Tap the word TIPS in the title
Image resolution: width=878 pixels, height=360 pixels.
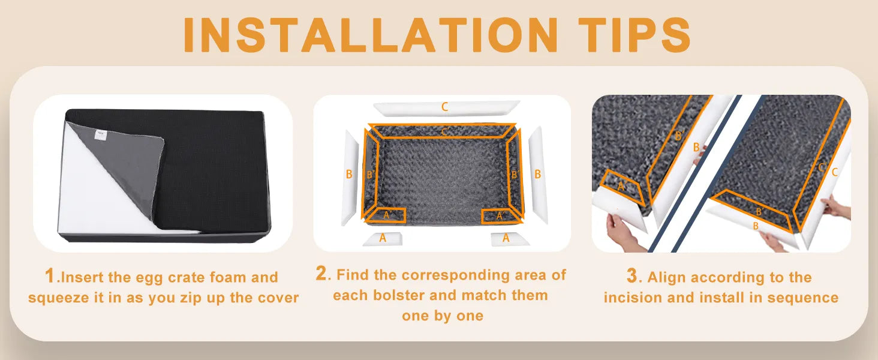pos(634,35)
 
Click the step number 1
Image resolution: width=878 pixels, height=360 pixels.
pos(49,275)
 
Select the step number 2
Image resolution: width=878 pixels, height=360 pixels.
pos(321,273)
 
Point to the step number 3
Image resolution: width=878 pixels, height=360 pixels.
pos(632,275)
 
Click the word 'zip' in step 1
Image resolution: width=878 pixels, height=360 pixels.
pos(190,298)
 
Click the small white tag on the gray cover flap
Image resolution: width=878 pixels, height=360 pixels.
pos(101,135)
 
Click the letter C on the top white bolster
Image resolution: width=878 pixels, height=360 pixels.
pos(444,107)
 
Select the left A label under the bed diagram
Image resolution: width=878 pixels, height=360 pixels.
pos(383,238)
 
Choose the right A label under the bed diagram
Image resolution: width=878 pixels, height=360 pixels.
pos(506,238)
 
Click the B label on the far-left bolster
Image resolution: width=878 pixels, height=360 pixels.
pos(349,174)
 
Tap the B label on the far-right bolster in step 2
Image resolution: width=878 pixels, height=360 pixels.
pos(538,174)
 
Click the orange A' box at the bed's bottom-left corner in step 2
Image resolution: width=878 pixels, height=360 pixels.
pos(386,215)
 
